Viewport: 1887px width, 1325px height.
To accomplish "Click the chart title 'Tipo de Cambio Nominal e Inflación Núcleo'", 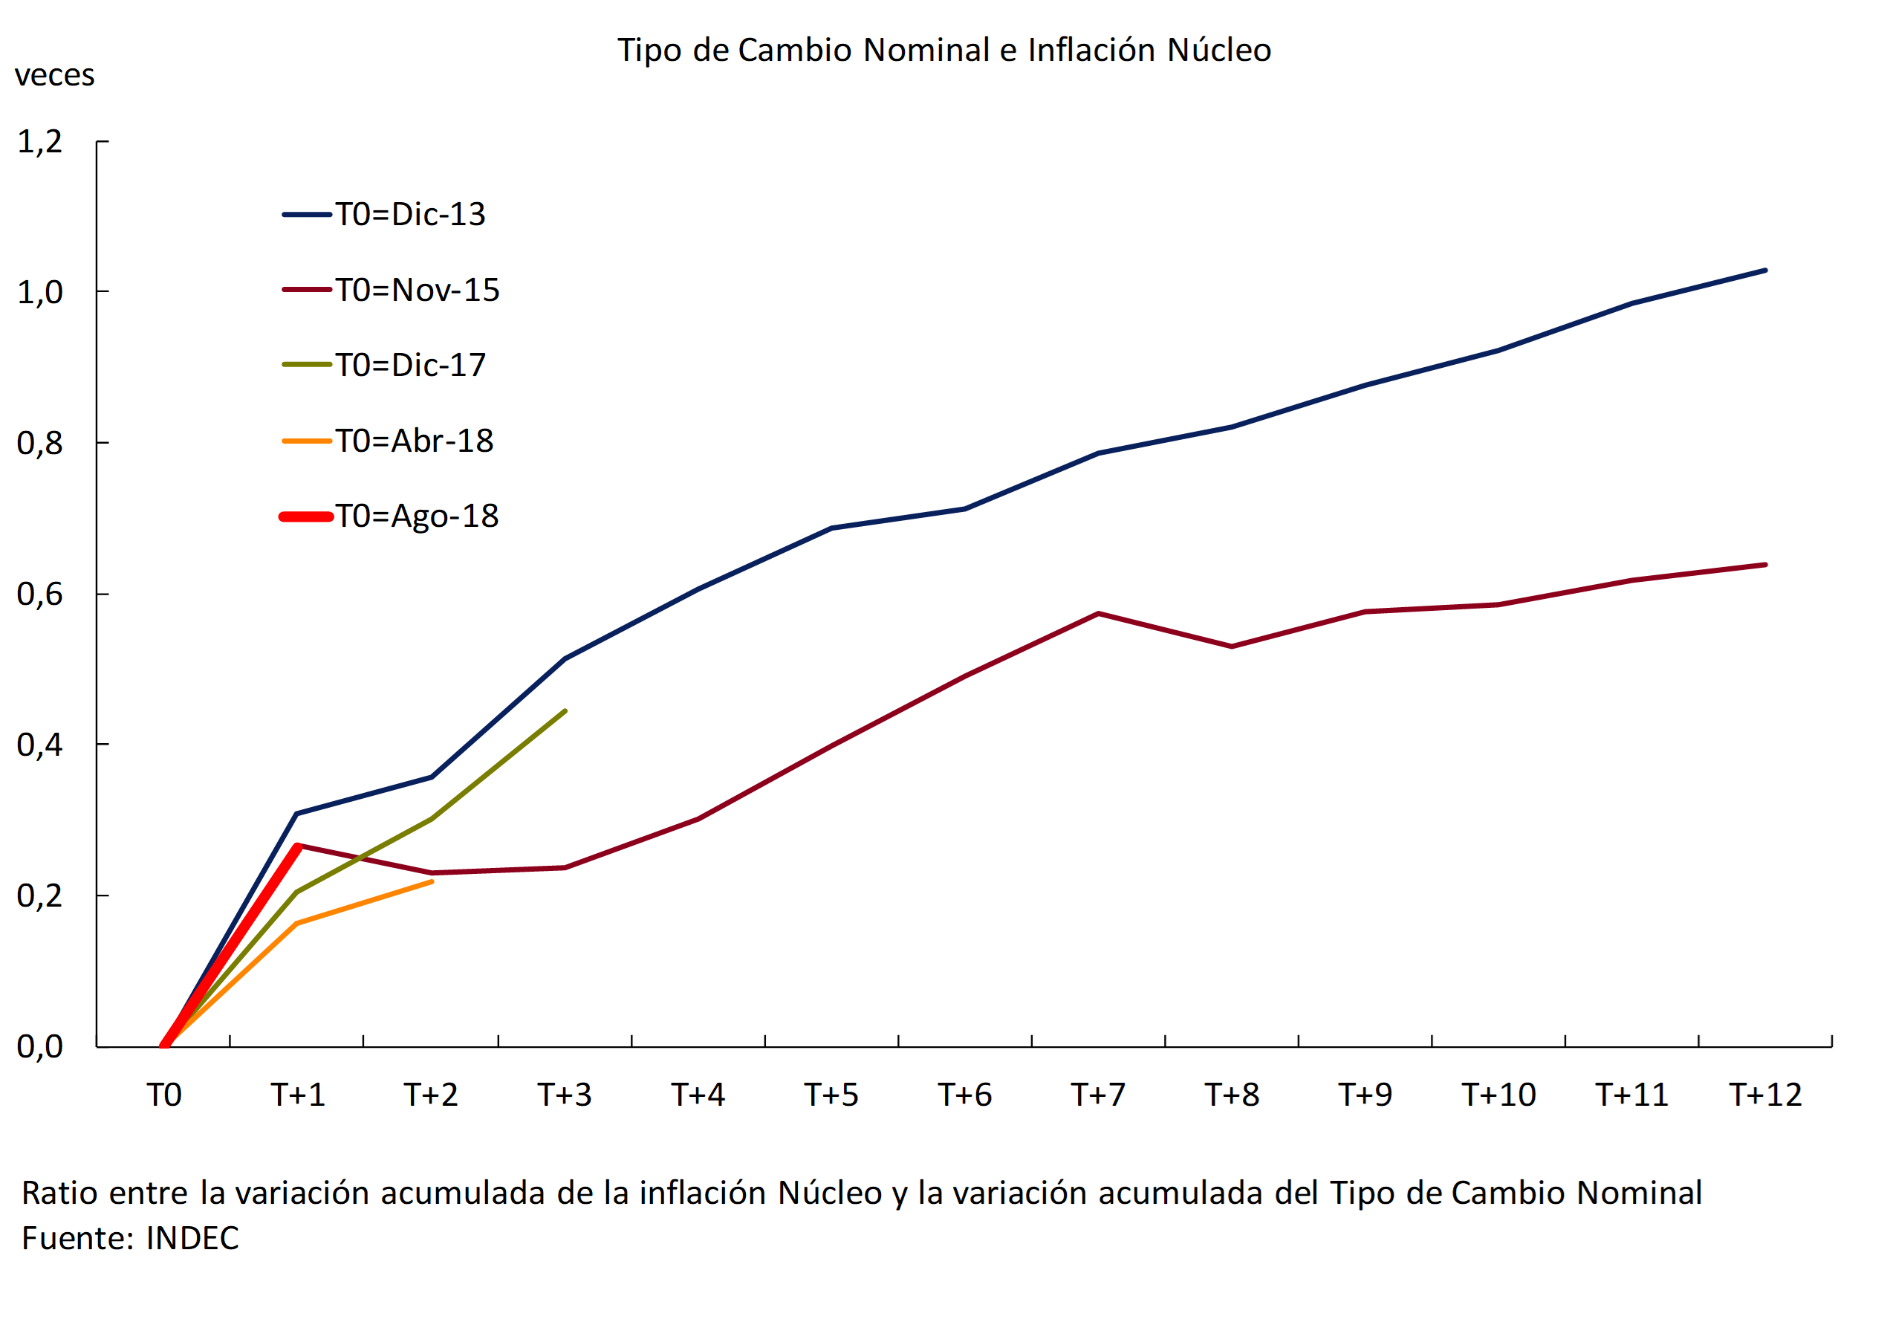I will [x=943, y=50].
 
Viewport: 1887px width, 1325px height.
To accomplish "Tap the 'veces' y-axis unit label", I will [x=54, y=76].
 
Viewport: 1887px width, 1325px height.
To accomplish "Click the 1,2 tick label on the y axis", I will [x=39, y=142].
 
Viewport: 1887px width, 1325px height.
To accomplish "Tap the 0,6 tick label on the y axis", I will [x=39, y=595].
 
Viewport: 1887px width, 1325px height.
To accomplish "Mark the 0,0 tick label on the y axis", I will [x=39, y=1046].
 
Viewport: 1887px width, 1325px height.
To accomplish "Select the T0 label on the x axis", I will [x=163, y=1095].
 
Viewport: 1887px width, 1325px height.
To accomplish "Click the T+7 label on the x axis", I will [x=1098, y=1095].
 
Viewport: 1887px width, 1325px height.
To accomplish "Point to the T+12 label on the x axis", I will [x=1765, y=1095].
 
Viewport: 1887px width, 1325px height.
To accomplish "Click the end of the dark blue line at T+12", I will [x=1764, y=270].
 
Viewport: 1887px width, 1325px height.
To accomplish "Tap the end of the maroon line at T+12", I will [x=1764, y=565].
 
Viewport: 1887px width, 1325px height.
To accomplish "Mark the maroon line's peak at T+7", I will [x=1098, y=613].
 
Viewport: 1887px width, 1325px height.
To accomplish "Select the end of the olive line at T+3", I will [x=565, y=711].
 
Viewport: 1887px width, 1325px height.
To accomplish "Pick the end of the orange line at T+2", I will [x=432, y=882].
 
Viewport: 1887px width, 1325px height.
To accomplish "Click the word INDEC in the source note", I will [x=192, y=1239].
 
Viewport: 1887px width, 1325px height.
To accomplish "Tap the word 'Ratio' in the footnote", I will [x=59, y=1193].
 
